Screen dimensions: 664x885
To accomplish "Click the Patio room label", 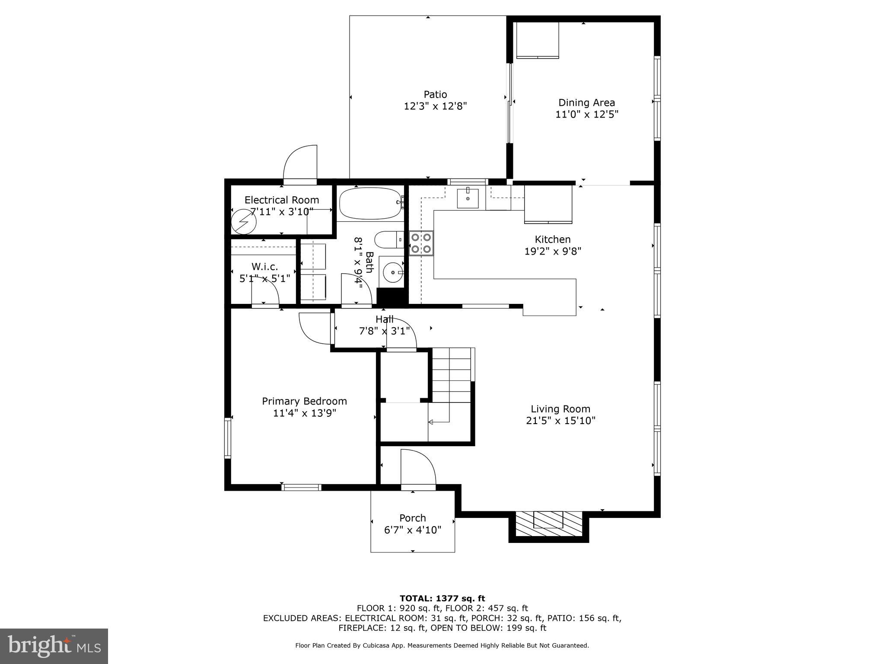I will (435, 94).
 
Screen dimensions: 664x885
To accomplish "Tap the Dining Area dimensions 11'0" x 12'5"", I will (587, 115).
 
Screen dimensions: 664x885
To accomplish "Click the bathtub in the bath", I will (370, 203).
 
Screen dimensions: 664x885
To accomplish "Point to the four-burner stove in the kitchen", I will (421, 243).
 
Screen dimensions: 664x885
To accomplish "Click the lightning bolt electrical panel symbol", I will (243, 222).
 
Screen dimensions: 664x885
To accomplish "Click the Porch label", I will (413, 518).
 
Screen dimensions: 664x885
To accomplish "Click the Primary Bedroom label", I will (304, 401).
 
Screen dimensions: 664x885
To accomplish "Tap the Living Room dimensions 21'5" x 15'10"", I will (560, 421).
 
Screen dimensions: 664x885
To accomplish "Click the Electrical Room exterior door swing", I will (300, 162).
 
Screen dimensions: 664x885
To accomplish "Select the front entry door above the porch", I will (418, 468).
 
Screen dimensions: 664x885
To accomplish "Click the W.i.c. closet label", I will (264, 267).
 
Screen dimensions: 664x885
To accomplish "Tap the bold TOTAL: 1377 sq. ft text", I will (442, 598).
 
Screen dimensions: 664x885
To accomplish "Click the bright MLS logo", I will (54, 646).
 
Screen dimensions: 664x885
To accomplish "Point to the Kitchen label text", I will (552, 239).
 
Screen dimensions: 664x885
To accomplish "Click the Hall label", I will (384, 319).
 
